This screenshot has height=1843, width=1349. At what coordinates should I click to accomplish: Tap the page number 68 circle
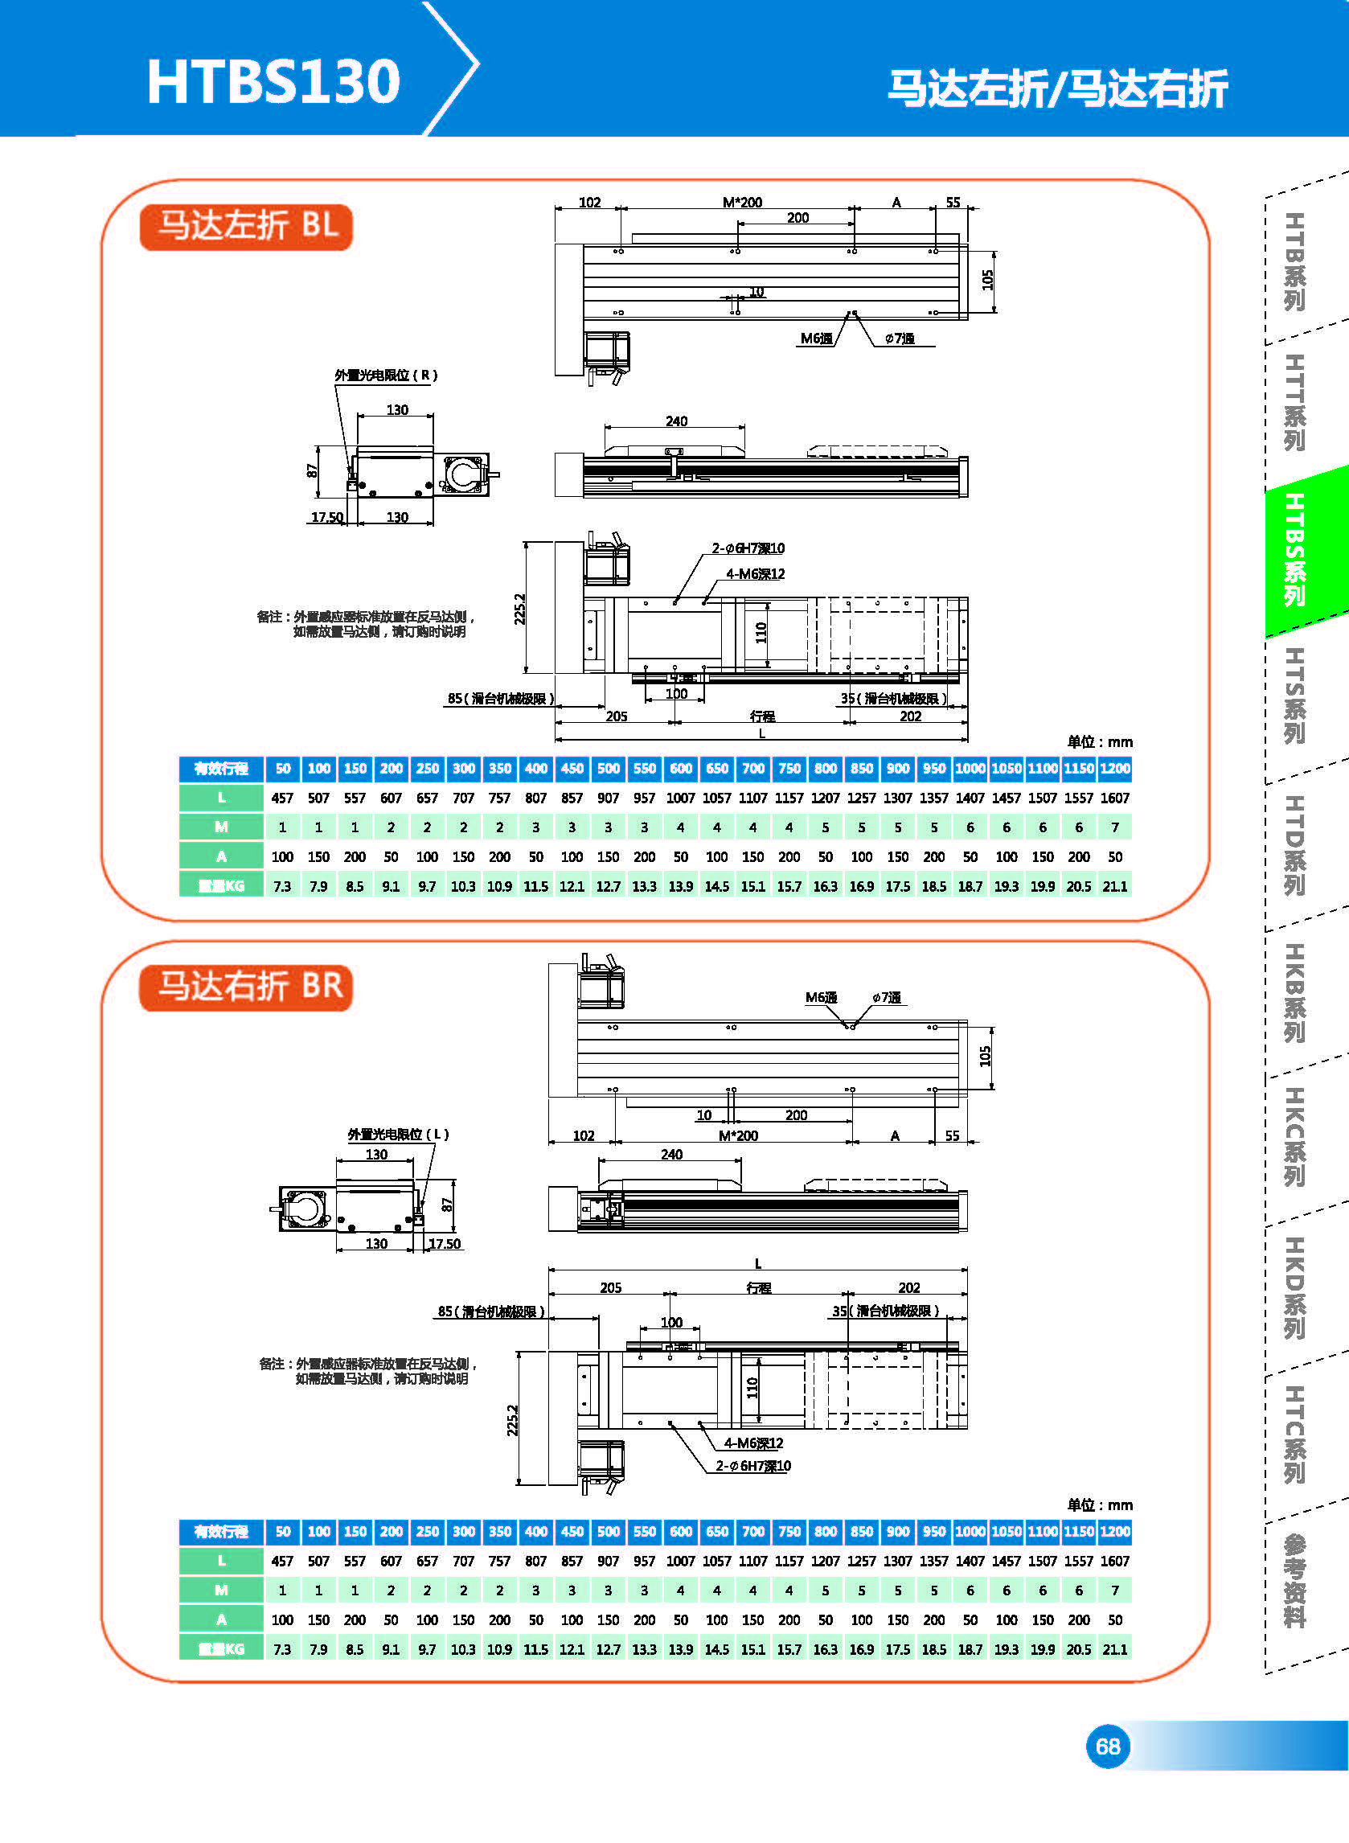coord(1107,1746)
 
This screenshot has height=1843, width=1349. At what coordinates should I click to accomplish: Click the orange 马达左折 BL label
coord(247,225)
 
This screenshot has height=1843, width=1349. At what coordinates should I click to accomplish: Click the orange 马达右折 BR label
coord(247,987)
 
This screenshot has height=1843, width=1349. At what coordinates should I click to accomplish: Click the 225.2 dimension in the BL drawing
coord(520,609)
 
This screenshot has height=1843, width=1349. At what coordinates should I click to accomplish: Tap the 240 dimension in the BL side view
coord(676,421)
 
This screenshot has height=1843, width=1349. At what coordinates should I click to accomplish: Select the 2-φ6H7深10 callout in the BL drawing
coord(748,548)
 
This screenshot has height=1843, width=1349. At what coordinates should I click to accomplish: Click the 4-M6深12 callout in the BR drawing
coord(753,1443)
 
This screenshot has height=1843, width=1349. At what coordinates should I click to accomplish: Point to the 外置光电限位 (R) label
coord(386,375)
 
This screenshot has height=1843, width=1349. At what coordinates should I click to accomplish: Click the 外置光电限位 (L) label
coord(399,1134)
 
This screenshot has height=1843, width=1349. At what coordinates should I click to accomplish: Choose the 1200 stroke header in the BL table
coord(1114,769)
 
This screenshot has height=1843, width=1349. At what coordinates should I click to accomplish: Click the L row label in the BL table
coord(221,798)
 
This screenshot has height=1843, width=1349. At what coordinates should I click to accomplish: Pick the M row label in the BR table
coord(221,1590)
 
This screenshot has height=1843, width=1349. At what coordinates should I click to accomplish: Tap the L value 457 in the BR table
coord(282,1561)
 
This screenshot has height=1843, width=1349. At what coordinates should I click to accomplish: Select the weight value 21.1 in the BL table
coord(1114,886)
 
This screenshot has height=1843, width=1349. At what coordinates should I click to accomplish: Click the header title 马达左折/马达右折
coord(1057,88)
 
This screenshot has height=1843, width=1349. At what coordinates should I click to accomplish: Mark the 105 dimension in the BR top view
coord(986,1056)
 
